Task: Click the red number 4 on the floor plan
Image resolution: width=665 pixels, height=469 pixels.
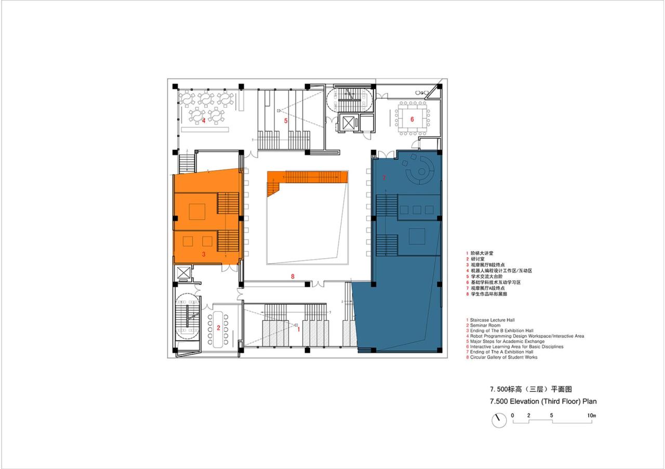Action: point(204,121)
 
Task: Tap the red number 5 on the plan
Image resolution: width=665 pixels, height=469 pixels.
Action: point(285,120)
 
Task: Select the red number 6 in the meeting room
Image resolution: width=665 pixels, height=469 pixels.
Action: point(412,119)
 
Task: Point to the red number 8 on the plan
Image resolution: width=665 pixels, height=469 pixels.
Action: point(292,277)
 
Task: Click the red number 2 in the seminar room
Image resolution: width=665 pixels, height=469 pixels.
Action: point(218,328)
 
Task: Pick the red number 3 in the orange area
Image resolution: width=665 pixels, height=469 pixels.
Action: point(204,254)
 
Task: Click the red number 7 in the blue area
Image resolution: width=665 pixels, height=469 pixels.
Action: point(384,178)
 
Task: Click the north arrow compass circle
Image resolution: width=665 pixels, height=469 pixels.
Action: point(499,420)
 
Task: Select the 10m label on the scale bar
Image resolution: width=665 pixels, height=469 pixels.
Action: point(591,416)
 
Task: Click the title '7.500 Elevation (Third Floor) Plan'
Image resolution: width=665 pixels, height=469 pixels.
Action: point(539,401)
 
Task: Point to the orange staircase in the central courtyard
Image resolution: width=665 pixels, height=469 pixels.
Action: point(307,178)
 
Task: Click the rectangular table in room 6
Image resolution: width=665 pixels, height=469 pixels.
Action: point(412,119)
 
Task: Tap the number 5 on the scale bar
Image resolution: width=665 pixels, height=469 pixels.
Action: point(551,416)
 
